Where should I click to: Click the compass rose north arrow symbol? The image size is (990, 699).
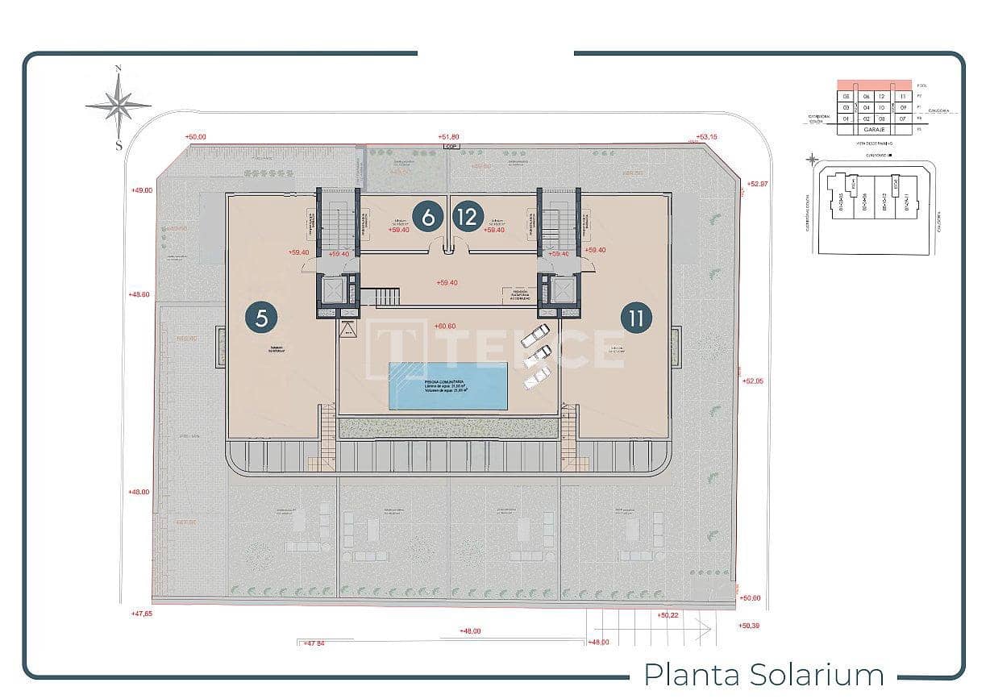click(119, 105)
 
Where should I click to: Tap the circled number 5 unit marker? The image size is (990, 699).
click(261, 318)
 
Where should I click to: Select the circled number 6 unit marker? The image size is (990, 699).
click(428, 217)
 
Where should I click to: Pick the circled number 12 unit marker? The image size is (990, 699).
click(468, 217)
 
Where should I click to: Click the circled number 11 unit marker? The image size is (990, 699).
click(637, 318)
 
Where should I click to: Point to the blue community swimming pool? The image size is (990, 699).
click(448, 385)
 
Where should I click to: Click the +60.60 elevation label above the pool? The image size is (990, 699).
click(445, 327)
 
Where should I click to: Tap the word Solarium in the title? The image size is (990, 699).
click(816, 674)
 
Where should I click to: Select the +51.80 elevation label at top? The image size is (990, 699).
click(448, 137)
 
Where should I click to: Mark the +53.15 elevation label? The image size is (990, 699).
click(706, 137)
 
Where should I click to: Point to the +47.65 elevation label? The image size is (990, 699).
click(141, 614)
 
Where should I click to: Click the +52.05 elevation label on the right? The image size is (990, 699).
click(751, 381)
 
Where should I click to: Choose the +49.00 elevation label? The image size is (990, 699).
click(141, 190)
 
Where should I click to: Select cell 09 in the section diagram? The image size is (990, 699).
click(904, 107)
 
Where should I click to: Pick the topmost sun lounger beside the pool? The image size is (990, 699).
click(535, 335)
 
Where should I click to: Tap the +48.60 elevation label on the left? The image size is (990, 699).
click(139, 294)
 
